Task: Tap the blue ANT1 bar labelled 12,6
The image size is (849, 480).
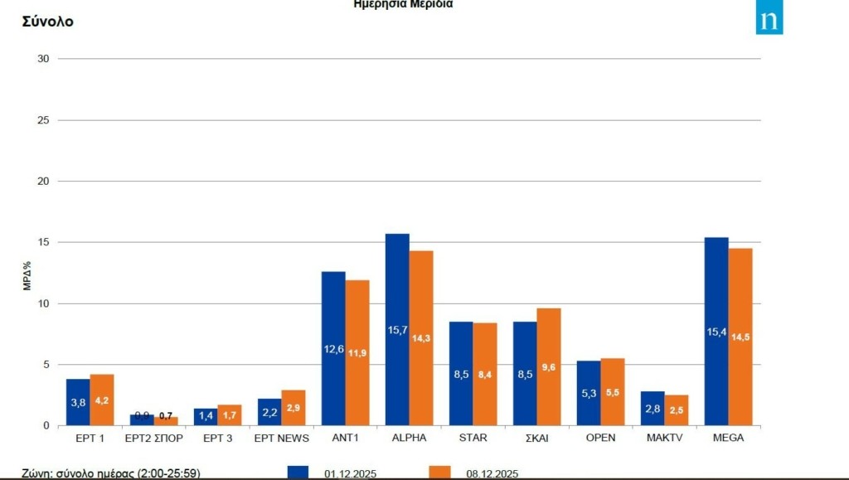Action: (333, 348)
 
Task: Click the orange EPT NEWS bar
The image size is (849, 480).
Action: (294, 407)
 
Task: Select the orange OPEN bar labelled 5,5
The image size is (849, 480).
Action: (613, 391)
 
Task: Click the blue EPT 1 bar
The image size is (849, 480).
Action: (78, 402)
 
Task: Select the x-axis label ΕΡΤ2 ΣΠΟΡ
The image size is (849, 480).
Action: (153, 438)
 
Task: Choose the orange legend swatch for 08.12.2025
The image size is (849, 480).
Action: (440, 473)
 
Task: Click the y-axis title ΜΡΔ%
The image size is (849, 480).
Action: (28, 276)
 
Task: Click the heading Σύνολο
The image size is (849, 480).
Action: (46, 22)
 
